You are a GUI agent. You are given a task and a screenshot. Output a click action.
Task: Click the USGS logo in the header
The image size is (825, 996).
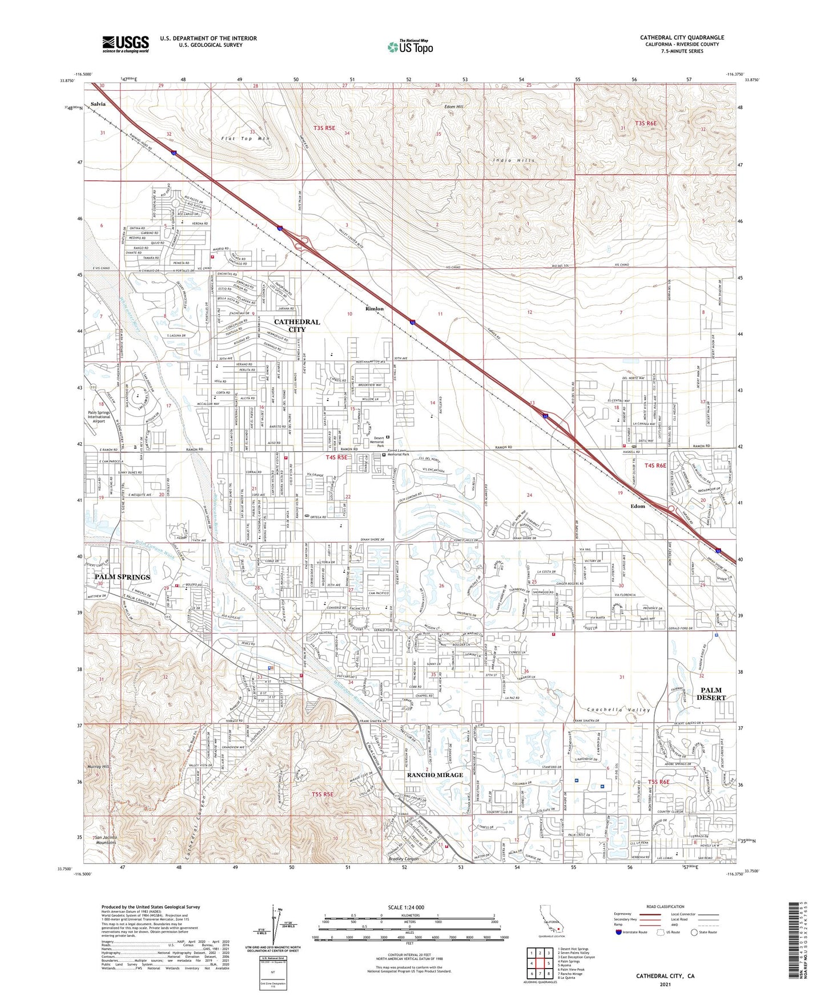126,44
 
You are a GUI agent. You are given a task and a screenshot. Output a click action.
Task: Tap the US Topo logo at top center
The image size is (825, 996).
410,47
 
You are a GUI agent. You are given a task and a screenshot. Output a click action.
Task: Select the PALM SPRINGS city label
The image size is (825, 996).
122,577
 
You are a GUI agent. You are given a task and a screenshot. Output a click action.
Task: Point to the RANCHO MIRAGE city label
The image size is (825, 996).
434,775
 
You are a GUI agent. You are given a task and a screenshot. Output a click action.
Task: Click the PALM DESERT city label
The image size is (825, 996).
711,694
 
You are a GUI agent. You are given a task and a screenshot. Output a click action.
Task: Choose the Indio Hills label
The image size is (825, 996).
514,161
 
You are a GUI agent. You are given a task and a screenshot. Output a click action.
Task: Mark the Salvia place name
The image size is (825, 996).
98,104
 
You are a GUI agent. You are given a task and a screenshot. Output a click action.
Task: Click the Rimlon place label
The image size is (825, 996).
375,309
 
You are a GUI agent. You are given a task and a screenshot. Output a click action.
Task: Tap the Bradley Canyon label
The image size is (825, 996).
404,859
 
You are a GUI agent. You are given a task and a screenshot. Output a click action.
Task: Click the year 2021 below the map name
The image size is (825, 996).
665,985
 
